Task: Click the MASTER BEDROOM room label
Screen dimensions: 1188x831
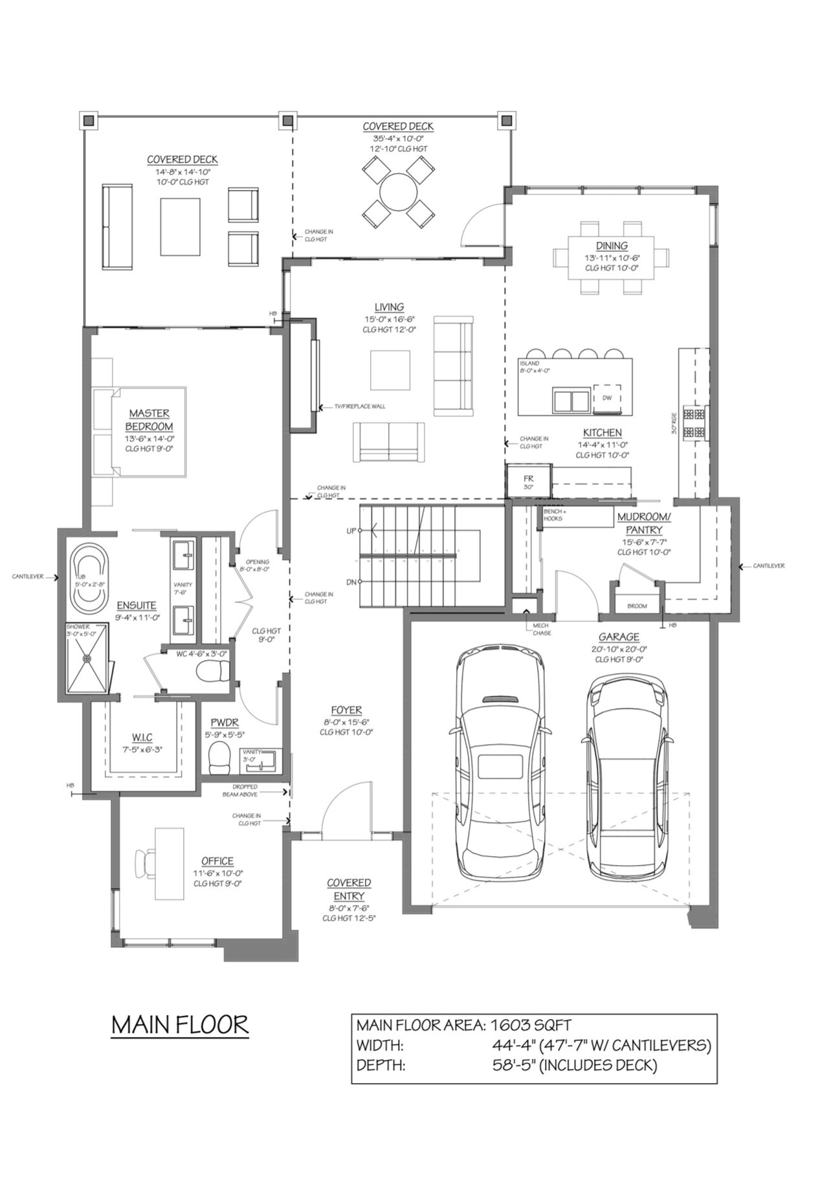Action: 149,420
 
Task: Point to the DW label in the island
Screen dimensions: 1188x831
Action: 606,398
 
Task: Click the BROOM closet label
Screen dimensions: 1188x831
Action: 637,606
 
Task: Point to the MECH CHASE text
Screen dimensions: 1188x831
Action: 541,629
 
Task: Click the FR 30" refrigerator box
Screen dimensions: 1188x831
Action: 529,481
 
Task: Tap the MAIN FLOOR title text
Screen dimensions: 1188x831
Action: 180,1025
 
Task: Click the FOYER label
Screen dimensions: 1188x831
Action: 346,710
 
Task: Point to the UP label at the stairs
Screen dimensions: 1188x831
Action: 351,531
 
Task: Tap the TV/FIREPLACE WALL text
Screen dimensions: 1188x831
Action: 359,407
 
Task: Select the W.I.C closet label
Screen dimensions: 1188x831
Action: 142,738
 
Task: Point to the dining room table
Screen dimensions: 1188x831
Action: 611,258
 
